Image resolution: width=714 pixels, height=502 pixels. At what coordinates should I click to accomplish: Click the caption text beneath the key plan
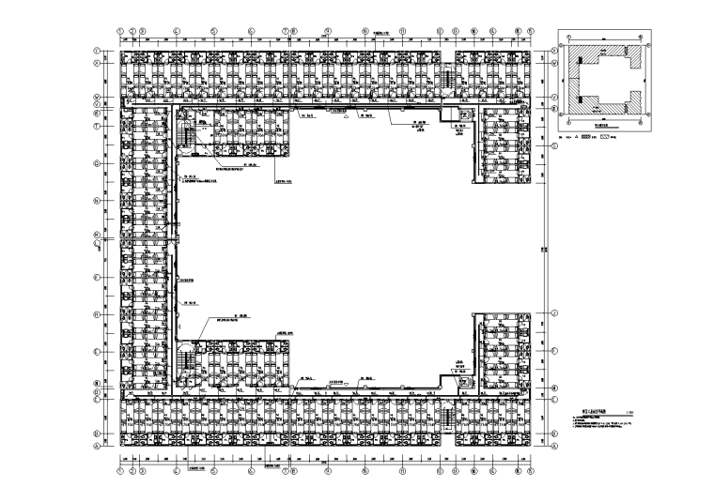click(x=605, y=123)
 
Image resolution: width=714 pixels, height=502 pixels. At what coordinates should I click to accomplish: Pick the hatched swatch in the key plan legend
click(x=591, y=139)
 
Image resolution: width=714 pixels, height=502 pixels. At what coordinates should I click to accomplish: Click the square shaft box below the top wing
click(x=462, y=116)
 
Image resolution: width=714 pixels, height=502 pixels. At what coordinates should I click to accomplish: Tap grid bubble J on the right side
click(x=554, y=312)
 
